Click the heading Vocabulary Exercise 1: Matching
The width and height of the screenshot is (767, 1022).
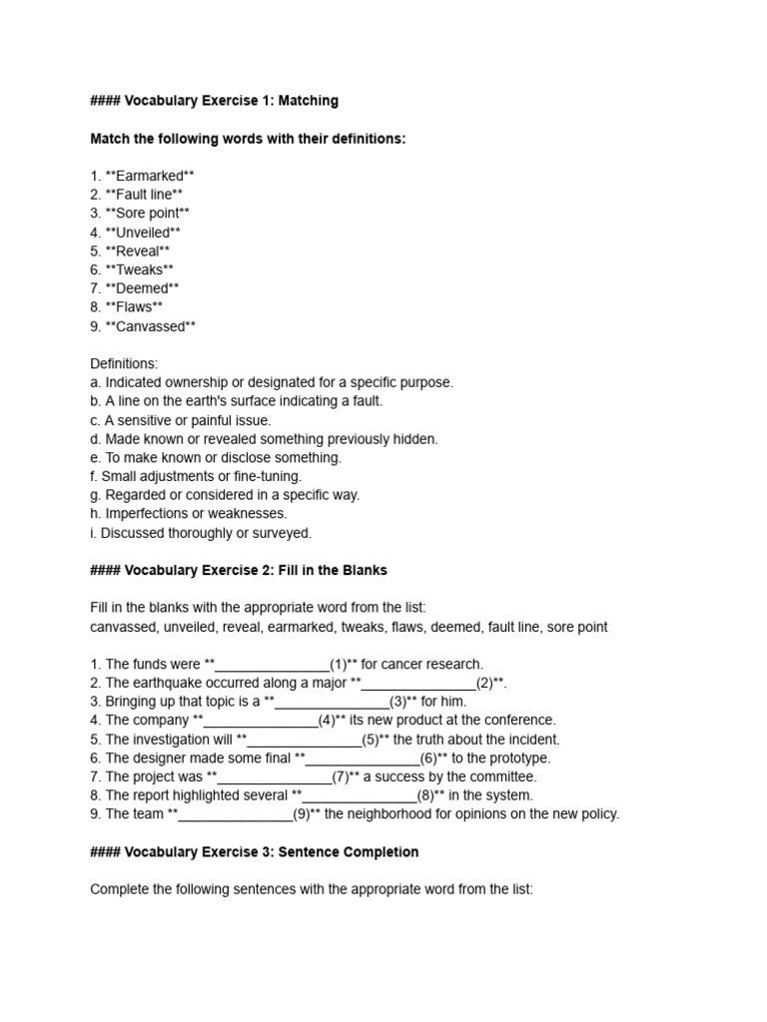coord(214,101)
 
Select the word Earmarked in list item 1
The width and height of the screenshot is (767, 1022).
coord(149,176)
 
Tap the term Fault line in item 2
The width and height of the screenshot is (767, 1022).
coord(144,195)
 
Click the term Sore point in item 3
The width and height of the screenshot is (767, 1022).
coord(147,213)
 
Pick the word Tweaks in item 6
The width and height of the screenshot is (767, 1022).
coord(139,269)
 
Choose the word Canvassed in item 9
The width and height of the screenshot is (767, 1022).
coord(150,326)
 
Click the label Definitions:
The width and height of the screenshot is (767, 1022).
coord(124,364)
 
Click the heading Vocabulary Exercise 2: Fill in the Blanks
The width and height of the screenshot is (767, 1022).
coord(238,571)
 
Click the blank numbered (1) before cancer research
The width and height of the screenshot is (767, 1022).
coord(272,665)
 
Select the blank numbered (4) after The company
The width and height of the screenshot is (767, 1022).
coord(261,721)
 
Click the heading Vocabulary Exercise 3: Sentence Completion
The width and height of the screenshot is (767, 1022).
coord(254,852)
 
